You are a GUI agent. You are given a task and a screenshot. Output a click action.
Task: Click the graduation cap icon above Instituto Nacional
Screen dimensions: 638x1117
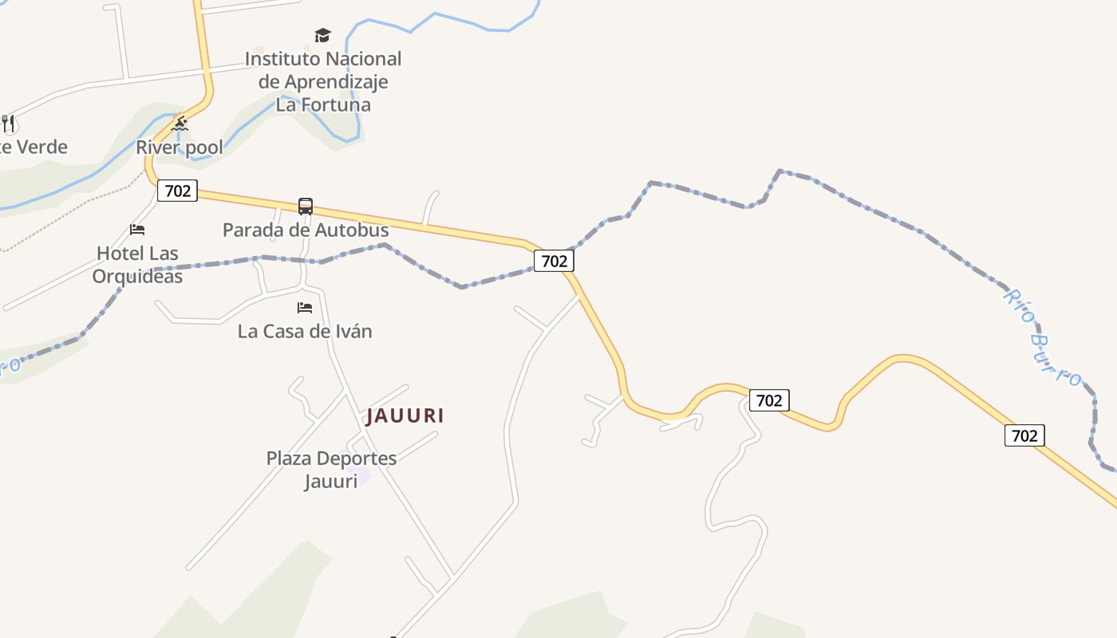322,35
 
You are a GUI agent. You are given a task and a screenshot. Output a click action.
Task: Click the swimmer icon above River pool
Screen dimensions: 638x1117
180,124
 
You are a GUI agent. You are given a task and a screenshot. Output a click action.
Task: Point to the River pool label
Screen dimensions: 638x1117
180,148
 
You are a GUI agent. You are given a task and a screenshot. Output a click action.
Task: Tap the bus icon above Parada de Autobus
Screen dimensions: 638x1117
306,207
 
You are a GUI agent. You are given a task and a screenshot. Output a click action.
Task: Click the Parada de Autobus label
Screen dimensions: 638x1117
306,230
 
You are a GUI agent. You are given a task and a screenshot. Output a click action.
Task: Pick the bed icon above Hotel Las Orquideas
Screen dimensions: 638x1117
137,230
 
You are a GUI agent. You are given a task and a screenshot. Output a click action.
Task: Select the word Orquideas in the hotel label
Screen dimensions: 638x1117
137,277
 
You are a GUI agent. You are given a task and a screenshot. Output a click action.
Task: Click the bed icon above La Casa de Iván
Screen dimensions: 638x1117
305,307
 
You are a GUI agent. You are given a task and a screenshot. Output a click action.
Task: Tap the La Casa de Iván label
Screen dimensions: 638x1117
305,331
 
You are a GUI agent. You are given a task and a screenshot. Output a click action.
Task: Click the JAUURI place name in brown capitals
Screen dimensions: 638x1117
405,415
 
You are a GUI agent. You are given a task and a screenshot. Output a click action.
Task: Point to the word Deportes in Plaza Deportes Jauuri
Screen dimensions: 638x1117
358,459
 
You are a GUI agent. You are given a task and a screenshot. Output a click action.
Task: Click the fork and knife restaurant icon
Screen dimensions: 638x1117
8,124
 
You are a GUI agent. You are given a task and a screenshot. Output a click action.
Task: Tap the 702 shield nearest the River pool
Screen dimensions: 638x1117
177,191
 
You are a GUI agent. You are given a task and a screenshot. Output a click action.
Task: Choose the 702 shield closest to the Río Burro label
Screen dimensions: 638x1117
1024,435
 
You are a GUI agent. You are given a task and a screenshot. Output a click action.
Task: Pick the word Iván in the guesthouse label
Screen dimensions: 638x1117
353,331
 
